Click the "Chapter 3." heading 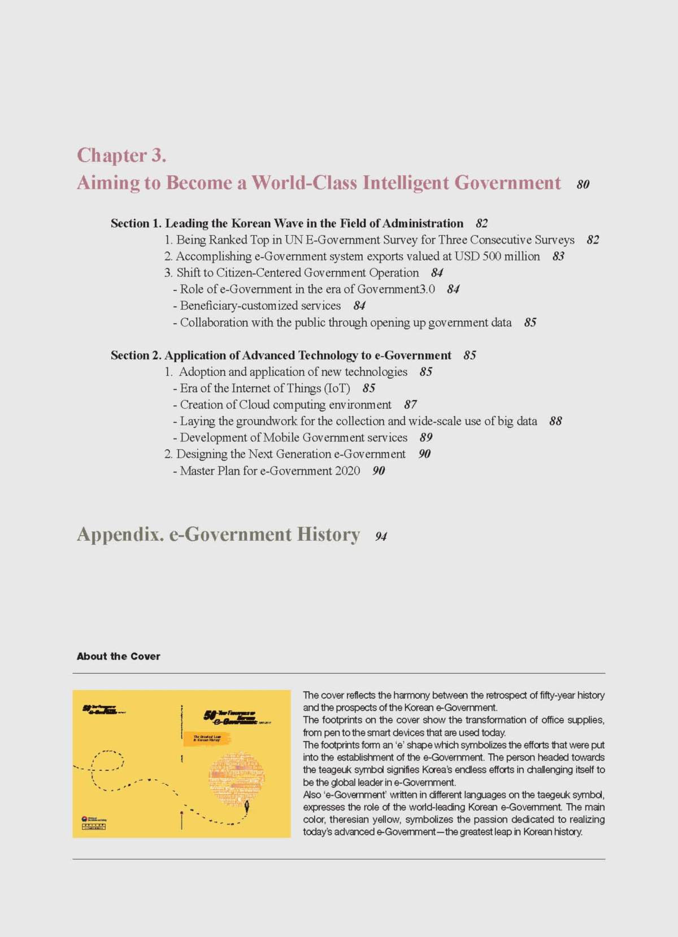pyautogui.click(x=121, y=155)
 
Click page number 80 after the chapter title pyautogui.click(x=583, y=185)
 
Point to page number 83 pyautogui.click(x=558, y=257)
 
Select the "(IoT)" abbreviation pyautogui.click(x=337, y=388)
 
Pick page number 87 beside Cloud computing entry pyautogui.click(x=410, y=405)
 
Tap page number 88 pyautogui.click(x=555, y=421)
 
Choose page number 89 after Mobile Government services pyautogui.click(x=426, y=437)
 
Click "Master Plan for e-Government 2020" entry pyautogui.click(x=270, y=471)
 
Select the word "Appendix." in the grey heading pyautogui.click(x=120, y=535)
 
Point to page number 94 pyautogui.click(x=381, y=537)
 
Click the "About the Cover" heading pyautogui.click(x=119, y=656)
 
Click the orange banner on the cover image pyautogui.click(x=207, y=738)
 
